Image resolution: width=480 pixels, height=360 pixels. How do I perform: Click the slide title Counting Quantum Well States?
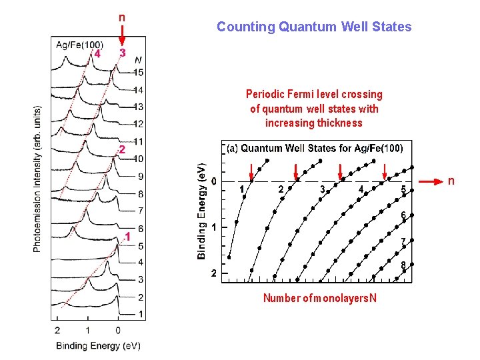pos(314,27)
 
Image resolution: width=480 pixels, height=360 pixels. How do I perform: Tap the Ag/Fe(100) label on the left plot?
pos(79,45)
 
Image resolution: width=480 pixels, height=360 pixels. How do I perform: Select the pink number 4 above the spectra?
pos(98,53)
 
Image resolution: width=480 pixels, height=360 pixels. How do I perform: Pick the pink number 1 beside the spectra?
pos(128,237)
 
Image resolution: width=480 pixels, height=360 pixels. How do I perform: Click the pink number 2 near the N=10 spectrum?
pos(121,149)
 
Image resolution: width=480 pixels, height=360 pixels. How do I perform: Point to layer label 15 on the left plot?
pos(138,72)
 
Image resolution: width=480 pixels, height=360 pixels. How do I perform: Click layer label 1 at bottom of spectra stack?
pos(141,313)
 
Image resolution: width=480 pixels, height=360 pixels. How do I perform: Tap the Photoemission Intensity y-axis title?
pos(37,179)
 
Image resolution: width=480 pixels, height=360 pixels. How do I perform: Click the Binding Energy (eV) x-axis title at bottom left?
pos(98,345)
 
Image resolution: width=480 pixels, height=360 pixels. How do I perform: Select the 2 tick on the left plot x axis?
pos(57,330)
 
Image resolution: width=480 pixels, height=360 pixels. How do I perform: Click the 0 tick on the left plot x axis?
pos(118,330)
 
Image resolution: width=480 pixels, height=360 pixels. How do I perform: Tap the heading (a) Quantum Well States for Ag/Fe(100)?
pos(315,148)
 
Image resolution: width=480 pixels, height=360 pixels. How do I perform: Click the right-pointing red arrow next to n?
pos(432,181)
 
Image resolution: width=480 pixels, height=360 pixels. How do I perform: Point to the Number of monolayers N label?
pos(319,298)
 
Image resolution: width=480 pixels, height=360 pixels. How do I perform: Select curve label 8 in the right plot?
pos(403,265)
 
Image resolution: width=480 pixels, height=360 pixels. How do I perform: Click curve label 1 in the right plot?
pos(241,190)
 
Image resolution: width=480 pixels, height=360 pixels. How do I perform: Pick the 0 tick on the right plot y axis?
pos(213,181)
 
